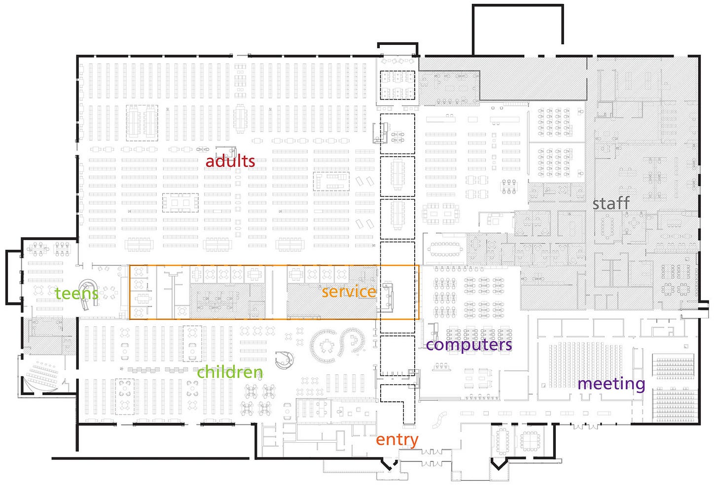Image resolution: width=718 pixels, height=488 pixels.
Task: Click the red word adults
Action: coord(230,161)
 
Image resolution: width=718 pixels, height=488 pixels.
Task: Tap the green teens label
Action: coord(76,293)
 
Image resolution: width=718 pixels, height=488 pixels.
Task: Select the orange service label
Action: coord(349,291)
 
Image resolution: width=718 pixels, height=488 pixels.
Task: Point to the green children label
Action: coord(230,372)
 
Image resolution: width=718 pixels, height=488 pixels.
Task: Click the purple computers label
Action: coord(469,345)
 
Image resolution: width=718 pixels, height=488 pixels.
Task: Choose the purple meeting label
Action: coord(611,384)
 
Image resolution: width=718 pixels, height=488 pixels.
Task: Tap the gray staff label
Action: coord(611,203)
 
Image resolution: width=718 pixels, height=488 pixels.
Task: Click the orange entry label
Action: coord(397,440)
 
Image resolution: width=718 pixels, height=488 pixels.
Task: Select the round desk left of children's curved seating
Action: coord(284,360)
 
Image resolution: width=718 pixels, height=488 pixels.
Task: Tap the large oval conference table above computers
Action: coord(444,249)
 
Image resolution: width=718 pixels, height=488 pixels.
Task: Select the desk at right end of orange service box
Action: coord(388,296)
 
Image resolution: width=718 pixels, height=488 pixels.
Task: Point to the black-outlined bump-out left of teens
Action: coord(13,277)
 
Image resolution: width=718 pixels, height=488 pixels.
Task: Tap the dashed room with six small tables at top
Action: coord(397,85)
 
